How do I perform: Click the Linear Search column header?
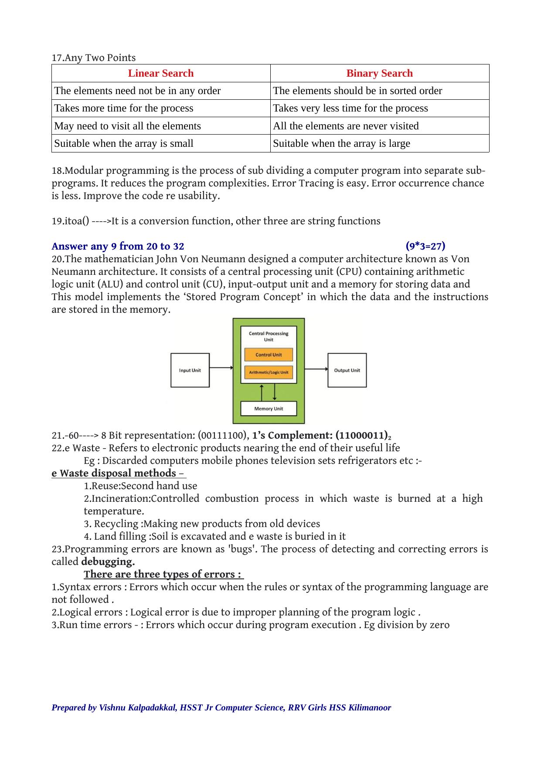[160, 73]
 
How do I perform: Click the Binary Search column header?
[379, 73]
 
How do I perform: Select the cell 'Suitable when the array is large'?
[341, 143]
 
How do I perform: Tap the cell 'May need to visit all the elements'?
[127, 126]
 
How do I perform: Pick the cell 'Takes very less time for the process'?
[350, 108]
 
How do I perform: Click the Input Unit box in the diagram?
[190, 370]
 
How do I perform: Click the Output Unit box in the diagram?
[347, 370]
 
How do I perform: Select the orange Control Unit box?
[269, 355]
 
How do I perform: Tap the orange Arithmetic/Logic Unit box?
[269, 372]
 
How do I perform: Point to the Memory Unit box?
[269, 409]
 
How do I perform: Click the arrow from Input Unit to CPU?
[221, 368]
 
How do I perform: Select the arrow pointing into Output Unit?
[316, 369]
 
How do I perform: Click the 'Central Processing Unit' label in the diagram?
[269, 336]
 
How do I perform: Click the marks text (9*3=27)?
[425, 246]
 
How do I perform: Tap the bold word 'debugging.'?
[108, 561]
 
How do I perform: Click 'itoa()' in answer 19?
[77, 221]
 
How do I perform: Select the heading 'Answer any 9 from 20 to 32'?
[118, 246]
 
